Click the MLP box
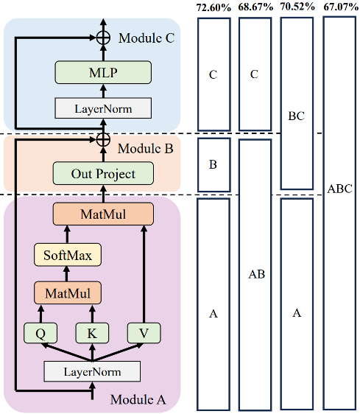[x=103, y=72]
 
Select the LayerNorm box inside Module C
[x=103, y=109]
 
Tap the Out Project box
[x=103, y=174]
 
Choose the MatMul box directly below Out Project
[x=103, y=214]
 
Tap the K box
[x=92, y=333]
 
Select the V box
[x=144, y=333]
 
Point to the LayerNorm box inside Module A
[x=92, y=371]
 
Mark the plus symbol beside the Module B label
[x=103, y=138]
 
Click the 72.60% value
[x=213, y=7]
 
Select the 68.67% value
[x=255, y=7]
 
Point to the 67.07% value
[x=339, y=7]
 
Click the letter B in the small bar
[x=213, y=164]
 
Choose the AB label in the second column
[x=255, y=274]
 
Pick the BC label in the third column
[x=297, y=116]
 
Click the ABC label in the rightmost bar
[x=339, y=189]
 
